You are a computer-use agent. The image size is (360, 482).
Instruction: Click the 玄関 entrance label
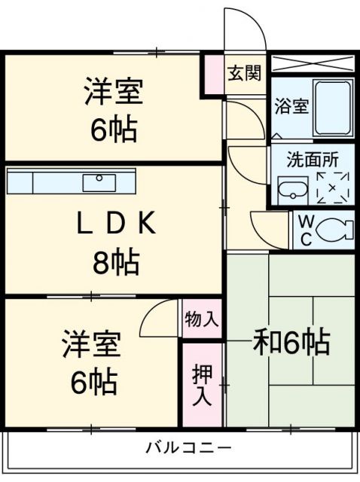click(245, 73)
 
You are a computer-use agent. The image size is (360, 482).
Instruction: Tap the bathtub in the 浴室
click(333, 108)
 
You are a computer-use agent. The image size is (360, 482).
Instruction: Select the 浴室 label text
click(291, 106)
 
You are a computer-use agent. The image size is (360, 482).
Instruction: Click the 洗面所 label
click(313, 160)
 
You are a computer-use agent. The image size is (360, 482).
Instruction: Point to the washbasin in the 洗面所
click(293, 191)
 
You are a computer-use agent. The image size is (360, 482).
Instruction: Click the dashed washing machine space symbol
click(333, 188)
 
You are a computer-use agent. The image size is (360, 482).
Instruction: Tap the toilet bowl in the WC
click(335, 229)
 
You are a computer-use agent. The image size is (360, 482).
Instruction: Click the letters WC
click(306, 230)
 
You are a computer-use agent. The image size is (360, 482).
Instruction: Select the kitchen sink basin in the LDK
click(99, 183)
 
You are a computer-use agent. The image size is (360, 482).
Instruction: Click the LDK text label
click(115, 224)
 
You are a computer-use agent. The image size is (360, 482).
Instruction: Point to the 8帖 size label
click(116, 263)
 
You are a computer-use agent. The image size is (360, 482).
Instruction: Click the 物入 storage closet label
click(202, 319)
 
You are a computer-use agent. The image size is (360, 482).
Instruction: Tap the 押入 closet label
click(202, 385)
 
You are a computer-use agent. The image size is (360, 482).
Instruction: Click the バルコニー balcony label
click(188, 448)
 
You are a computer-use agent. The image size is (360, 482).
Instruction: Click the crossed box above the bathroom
click(312, 63)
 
